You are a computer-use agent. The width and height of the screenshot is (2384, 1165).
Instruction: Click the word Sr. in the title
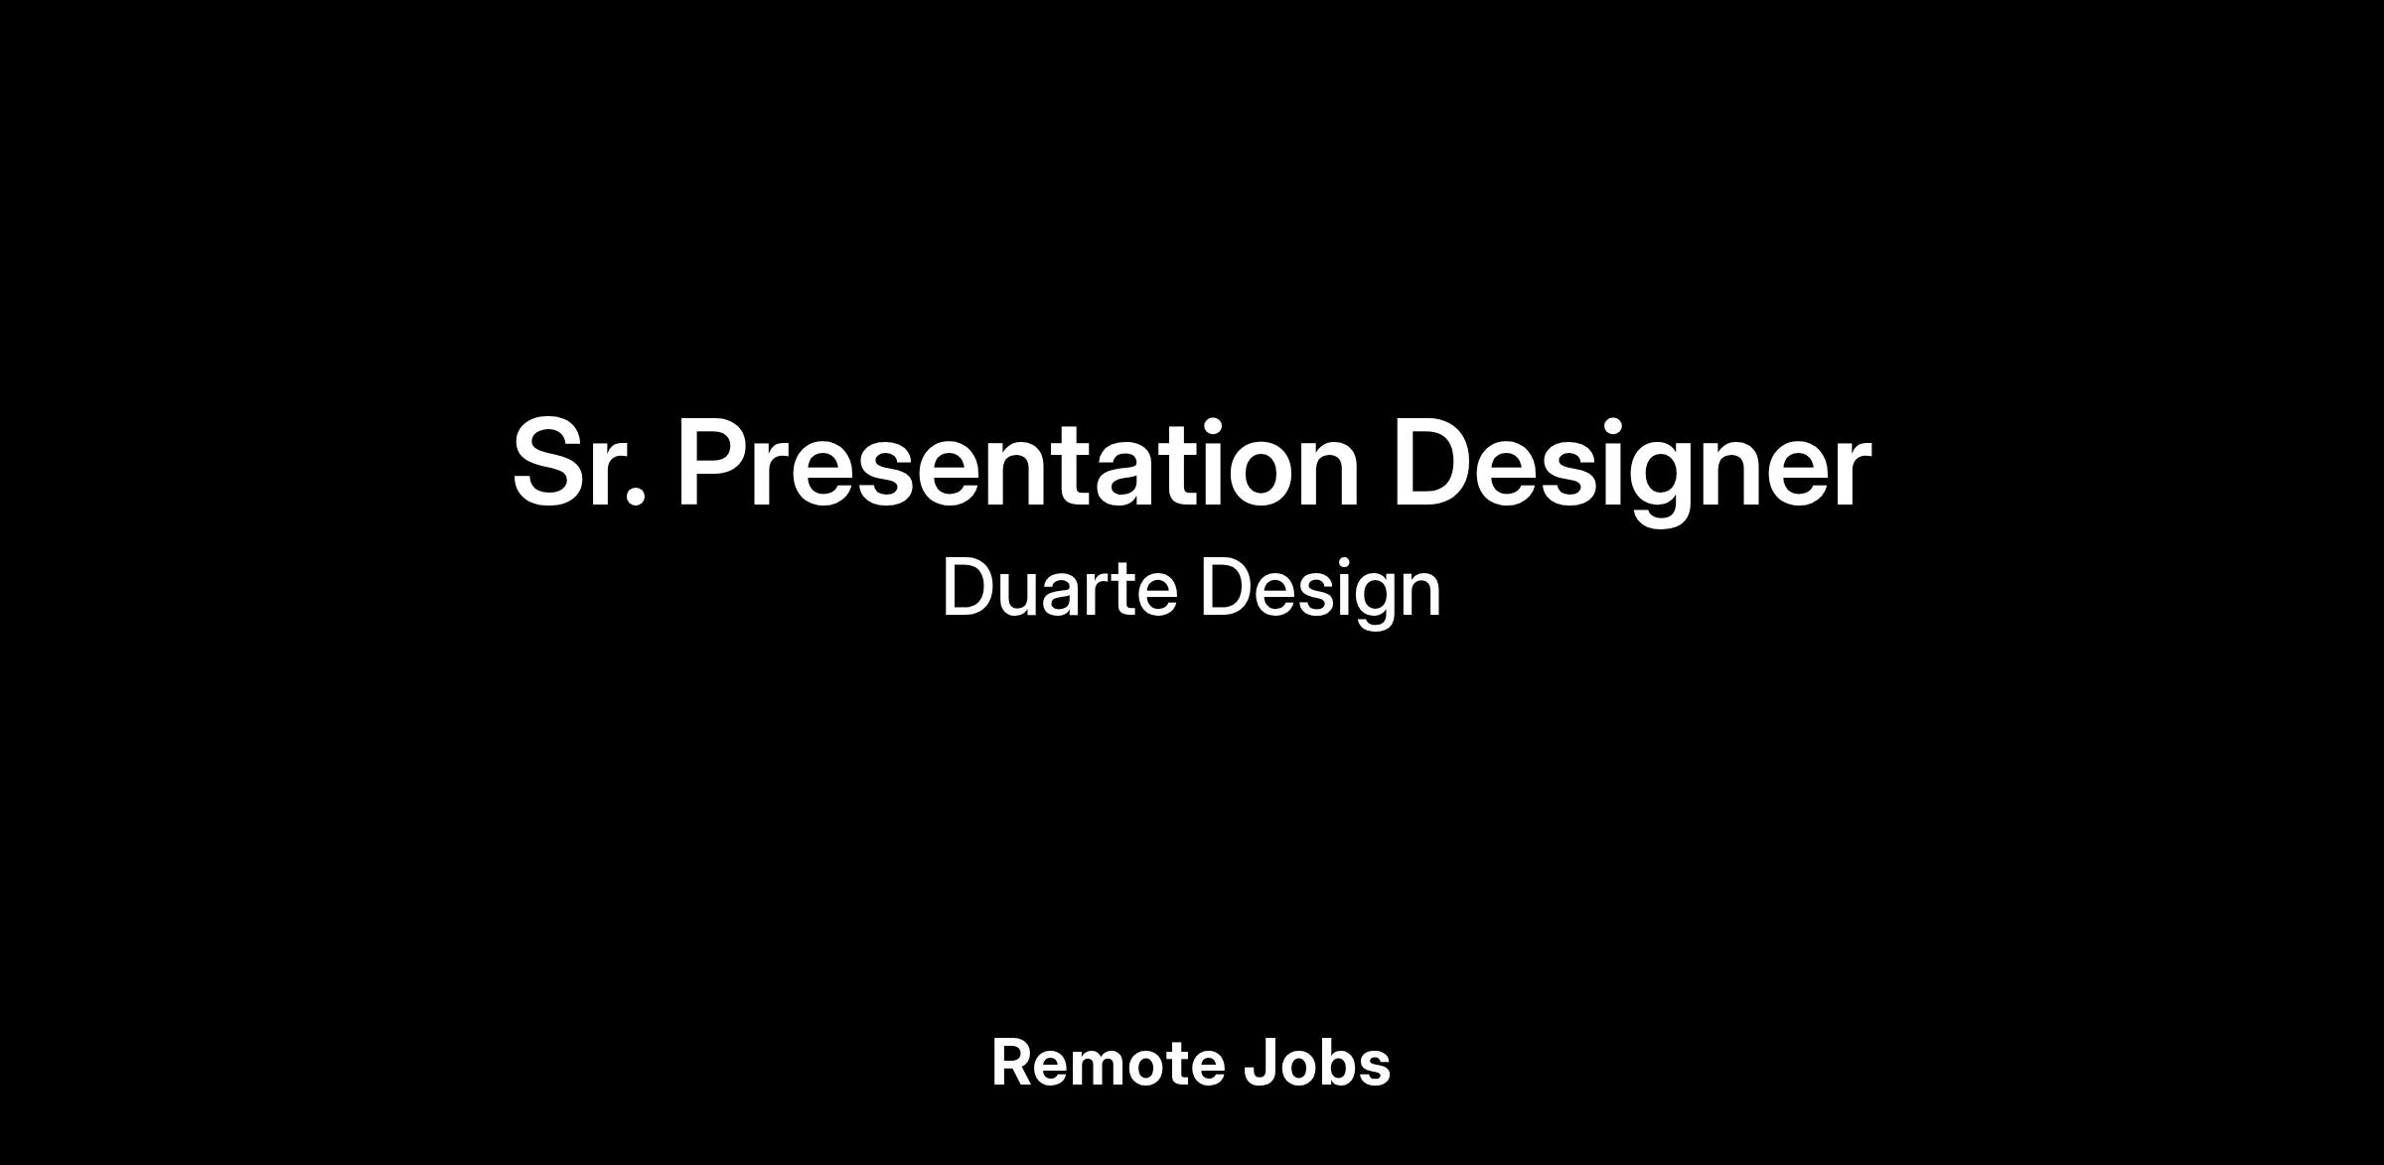pos(580,463)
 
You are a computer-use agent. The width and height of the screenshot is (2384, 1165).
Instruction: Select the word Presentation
pos(1018,462)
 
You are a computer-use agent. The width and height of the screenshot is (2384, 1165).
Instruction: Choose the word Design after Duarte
pos(1320,592)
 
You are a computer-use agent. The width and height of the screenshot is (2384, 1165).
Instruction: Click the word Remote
pos(1107,1063)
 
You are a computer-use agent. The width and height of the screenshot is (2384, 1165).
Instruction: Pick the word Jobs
pos(1317,1063)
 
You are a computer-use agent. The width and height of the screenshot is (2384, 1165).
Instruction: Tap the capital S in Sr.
pos(550,463)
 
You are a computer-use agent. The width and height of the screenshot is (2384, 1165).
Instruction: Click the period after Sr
pos(638,499)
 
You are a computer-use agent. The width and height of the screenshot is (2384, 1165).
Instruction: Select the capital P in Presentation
pos(712,463)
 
